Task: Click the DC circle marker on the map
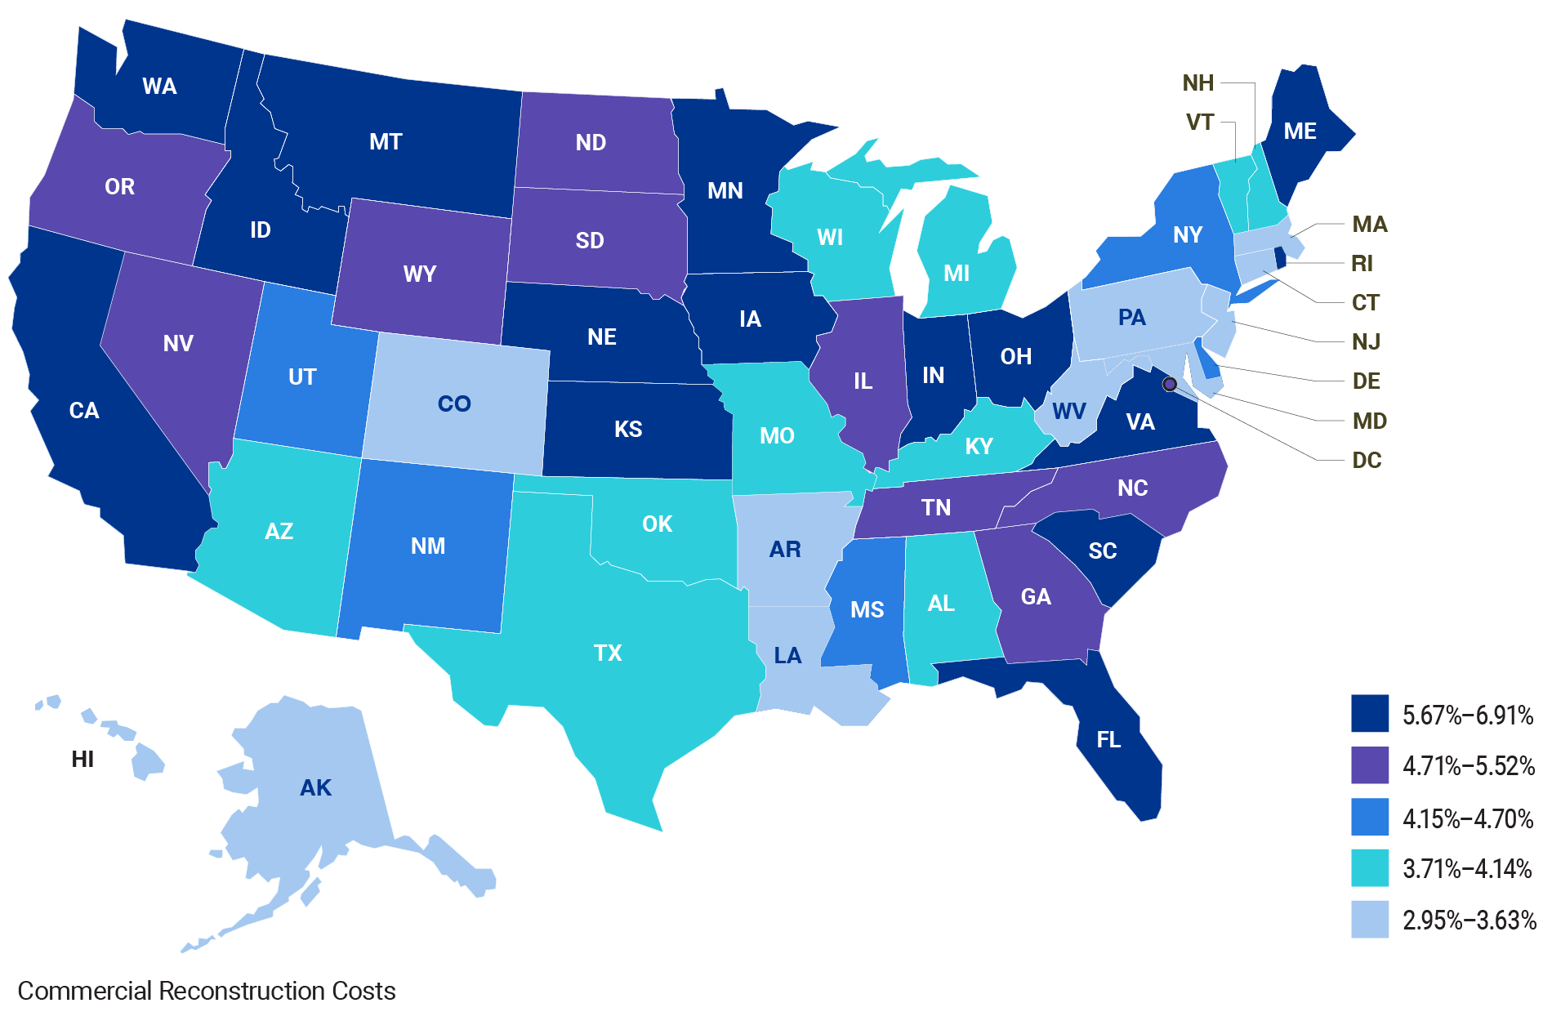click(1169, 384)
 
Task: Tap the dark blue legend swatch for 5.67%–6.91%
click(1369, 713)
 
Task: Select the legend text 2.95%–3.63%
click(1469, 921)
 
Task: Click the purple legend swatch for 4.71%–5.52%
click(1369, 765)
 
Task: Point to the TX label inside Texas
click(608, 653)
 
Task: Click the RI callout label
click(1362, 263)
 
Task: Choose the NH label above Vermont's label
click(1197, 82)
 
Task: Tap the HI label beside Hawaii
click(83, 759)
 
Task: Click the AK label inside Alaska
click(315, 787)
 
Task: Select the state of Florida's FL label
click(1108, 739)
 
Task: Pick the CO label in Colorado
click(454, 403)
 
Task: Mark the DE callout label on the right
click(1366, 381)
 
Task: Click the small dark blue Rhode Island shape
click(1280, 260)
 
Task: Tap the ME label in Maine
click(1300, 131)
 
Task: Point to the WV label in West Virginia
click(1068, 411)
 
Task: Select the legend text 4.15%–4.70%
click(1467, 818)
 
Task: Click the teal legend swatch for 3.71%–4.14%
click(1369, 868)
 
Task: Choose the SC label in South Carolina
click(1102, 551)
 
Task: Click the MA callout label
click(1369, 224)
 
